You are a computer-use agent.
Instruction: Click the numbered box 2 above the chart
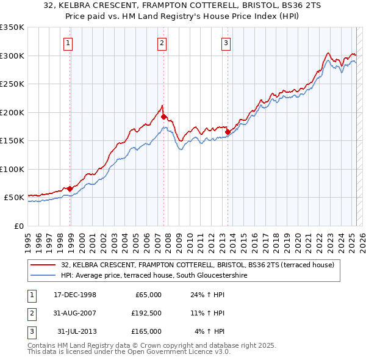(x=162, y=43)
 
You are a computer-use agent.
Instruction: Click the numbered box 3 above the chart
(x=226, y=43)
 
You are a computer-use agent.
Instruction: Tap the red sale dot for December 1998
(x=70, y=189)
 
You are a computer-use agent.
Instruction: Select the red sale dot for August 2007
(x=164, y=117)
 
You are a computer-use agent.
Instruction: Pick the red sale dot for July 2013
(x=228, y=132)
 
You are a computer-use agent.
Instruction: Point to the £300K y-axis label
(x=12, y=56)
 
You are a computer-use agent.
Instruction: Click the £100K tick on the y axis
(x=12, y=169)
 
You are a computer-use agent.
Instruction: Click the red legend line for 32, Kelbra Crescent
(x=43, y=265)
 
